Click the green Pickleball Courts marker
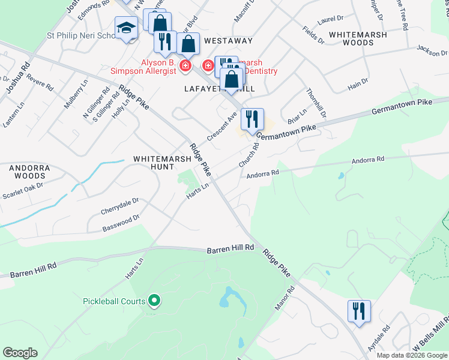pos(154,301)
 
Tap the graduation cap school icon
pos(127,28)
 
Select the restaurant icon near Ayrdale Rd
pos(359,311)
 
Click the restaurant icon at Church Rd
pos(253,118)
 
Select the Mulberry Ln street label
pos(71,97)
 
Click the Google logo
pos(20,353)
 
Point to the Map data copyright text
pos(411,355)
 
